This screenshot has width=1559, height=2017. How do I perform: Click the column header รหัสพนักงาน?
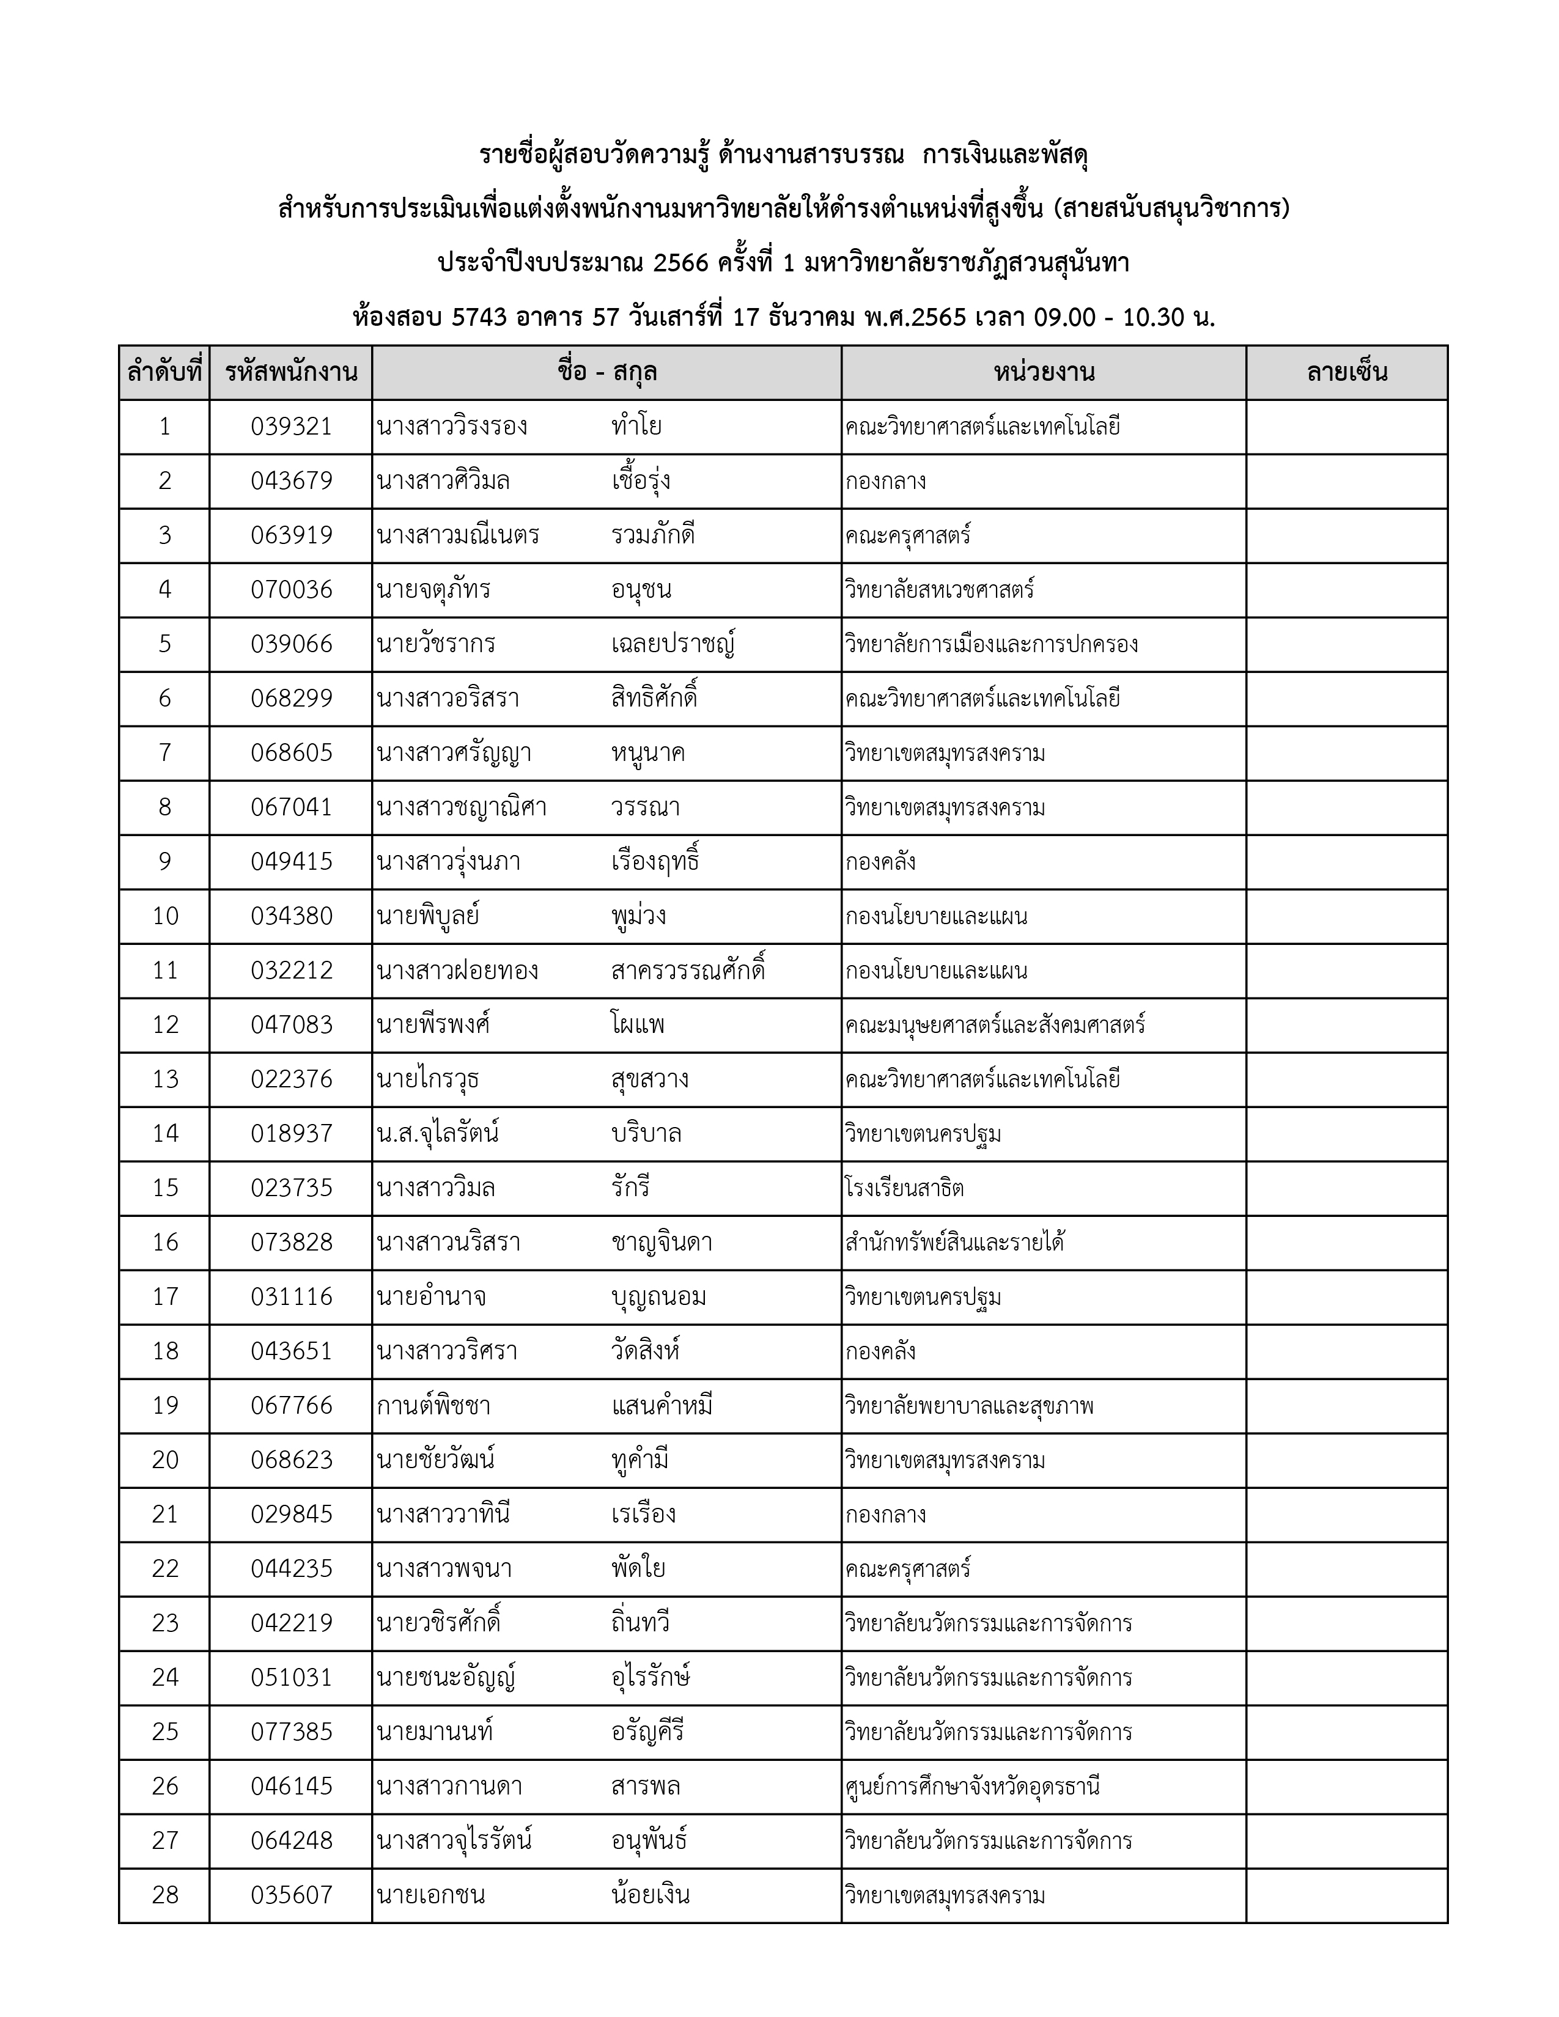(x=291, y=373)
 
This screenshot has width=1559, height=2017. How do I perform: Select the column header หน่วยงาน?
(x=1044, y=373)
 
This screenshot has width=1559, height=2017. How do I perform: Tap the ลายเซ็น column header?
(x=1347, y=373)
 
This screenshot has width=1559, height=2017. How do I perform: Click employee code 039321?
(x=291, y=427)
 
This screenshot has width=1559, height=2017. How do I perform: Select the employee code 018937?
(x=291, y=1134)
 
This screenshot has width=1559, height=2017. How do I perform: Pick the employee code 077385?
(x=291, y=1732)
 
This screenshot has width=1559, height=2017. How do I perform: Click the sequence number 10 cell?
(x=165, y=916)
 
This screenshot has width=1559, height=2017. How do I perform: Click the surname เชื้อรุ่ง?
(x=641, y=481)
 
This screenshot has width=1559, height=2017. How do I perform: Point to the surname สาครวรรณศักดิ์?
(x=688, y=971)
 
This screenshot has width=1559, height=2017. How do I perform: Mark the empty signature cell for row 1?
(x=1347, y=427)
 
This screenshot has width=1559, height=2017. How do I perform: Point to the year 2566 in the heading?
(x=680, y=263)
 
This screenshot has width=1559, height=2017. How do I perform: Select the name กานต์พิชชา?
(x=433, y=1406)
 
